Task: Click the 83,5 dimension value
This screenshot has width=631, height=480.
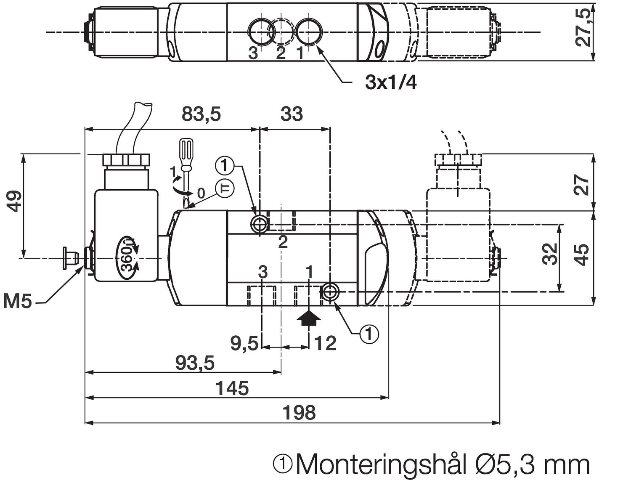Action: coord(201,114)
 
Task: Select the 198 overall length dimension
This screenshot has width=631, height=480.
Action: coord(299,413)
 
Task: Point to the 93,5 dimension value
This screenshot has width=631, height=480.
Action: coord(194,363)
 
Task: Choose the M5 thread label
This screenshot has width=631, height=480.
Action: coord(18,301)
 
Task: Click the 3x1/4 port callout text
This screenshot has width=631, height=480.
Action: coord(391,83)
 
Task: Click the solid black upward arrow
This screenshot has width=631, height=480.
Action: coord(309,318)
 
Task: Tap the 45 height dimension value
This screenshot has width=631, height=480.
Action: coord(582,255)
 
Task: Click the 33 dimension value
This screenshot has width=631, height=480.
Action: coord(292,114)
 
